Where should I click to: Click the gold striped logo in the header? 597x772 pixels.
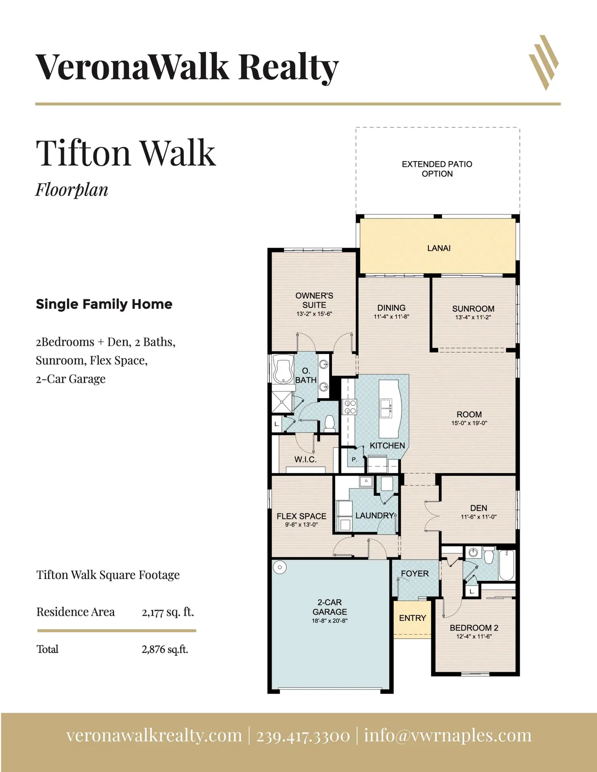tap(543, 62)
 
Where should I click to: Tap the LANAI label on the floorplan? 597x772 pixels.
tap(438, 248)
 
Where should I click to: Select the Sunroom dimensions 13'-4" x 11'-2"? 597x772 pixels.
tap(473, 317)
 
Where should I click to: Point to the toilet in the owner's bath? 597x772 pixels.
tap(330, 424)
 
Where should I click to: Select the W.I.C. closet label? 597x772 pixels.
tap(305, 459)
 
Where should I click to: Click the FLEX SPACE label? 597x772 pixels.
tap(301, 516)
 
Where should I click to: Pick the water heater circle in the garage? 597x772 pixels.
tap(279, 567)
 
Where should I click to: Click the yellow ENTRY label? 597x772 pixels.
tap(412, 618)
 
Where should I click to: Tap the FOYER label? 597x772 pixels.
tap(415, 574)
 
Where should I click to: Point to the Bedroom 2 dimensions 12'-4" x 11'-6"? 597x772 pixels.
tap(474, 636)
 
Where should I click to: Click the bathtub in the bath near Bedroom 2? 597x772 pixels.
tap(507, 565)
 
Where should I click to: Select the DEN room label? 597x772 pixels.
tap(479, 508)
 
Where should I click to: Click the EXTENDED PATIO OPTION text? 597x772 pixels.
tap(437, 169)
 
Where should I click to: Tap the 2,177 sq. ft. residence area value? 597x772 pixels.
tap(168, 612)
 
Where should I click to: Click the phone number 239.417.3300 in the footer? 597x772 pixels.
tap(303, 735)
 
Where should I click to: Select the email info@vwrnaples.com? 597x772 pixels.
tap(448, 735)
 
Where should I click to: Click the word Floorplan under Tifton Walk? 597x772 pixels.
tap(72, 190)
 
